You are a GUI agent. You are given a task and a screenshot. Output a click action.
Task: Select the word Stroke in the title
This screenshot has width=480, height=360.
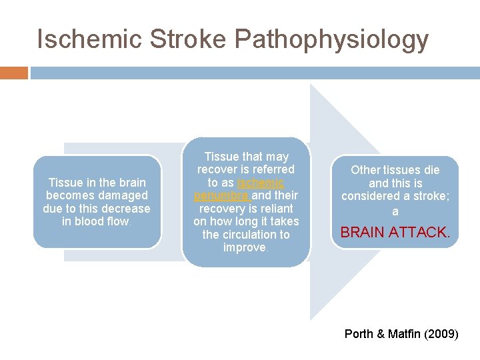177,39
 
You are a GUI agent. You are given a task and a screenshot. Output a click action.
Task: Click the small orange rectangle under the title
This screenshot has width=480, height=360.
14,73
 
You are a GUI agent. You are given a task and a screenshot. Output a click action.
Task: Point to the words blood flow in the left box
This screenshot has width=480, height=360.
96,221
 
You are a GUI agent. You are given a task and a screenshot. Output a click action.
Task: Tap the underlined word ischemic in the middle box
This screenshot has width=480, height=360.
261,183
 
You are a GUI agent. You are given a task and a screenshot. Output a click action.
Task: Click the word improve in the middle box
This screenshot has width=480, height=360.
245,247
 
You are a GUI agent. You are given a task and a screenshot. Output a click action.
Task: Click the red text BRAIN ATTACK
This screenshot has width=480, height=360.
395,233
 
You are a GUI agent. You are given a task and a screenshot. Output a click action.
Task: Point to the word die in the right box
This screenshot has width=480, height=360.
431,170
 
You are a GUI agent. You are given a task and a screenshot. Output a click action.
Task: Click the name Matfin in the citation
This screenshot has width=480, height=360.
405,333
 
